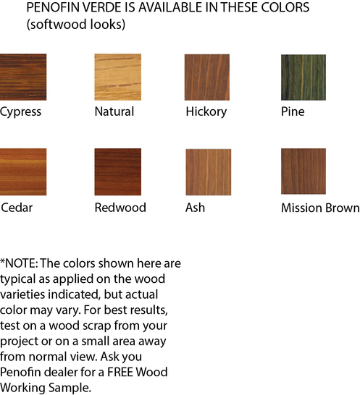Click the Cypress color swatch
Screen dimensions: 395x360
pos(23,77)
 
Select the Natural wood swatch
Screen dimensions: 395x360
pos(117,77)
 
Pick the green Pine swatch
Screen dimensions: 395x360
pos(303,77)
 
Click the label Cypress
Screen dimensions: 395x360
pos(21,112)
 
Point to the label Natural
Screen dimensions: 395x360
pos(114,112)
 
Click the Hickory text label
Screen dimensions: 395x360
pos(206,112)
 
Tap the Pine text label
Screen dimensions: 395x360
pos(293,112)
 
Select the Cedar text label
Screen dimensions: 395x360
pos(17,208)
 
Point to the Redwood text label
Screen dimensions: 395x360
pos(120,208)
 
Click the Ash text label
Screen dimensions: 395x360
pos(196,208)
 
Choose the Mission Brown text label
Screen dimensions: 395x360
pos(320,208)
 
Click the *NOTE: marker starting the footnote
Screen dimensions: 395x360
pos(22,263)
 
